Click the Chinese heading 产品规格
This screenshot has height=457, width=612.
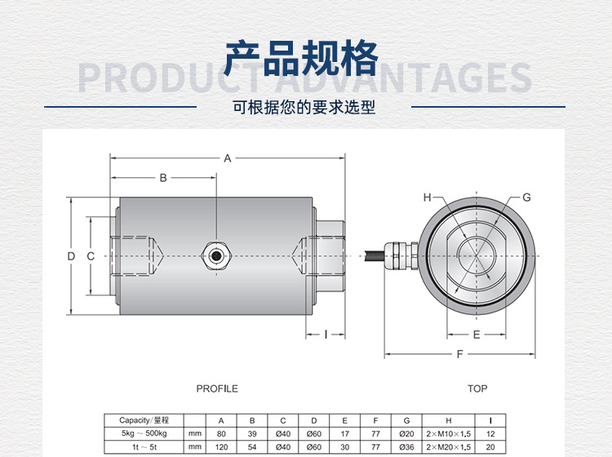[x=301, y=58]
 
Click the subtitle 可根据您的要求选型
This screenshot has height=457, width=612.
[x=304, y=107]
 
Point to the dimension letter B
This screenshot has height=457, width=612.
[x=162, y=177]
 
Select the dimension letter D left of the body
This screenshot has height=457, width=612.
[x=71, y=256]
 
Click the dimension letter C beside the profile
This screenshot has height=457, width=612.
[x=91, y=256]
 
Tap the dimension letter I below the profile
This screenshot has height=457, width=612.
[x=326, y=334]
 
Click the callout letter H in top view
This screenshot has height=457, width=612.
[x=427, y=197]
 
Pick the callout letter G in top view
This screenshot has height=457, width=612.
[x=526, y=197]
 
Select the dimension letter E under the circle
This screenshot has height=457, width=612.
[x=477, y=335]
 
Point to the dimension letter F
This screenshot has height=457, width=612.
[x=460, y=354]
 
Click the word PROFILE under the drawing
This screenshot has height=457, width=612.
[x=217, y=388]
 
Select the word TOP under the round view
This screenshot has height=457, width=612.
[x=477, y=388]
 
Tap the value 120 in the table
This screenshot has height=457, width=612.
[x=220, y=447]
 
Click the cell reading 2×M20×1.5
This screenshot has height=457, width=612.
[x=449, y=447]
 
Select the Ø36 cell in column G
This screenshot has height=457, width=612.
[x=406, y=447]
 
